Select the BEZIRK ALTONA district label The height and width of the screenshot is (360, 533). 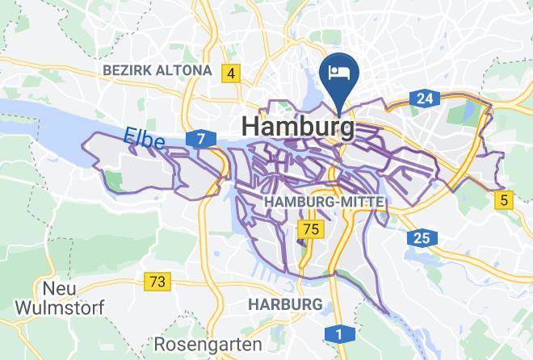click(157, 71)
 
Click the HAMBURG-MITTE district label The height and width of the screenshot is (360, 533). click(323, 200)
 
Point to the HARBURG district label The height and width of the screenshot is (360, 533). click(285, 303)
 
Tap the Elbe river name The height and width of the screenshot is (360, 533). click(145, 140)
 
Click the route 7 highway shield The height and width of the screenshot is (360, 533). click(200, 140)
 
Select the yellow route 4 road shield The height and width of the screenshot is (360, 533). click(232, 74)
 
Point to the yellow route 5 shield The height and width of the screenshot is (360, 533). click(505, 200)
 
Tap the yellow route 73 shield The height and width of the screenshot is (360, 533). click(158, 282)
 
